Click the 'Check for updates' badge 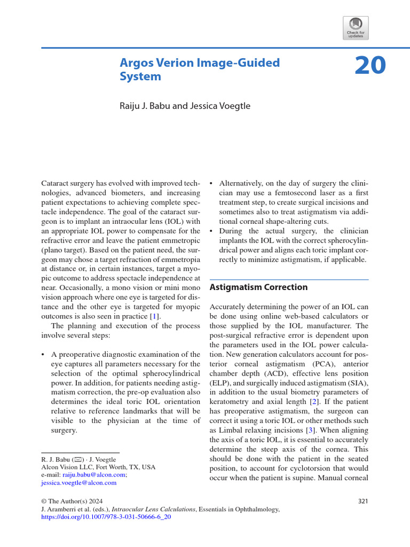pos(355,27)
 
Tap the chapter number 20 pos(370,66)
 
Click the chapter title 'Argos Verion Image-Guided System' pos(200,69)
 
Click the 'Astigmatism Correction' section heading pos(258,287)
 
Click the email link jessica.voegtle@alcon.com pos(78,482)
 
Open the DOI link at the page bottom pos(106,518)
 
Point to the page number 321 pos(362,501)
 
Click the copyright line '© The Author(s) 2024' pos(72,501)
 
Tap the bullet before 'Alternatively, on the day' pos(212,183)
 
